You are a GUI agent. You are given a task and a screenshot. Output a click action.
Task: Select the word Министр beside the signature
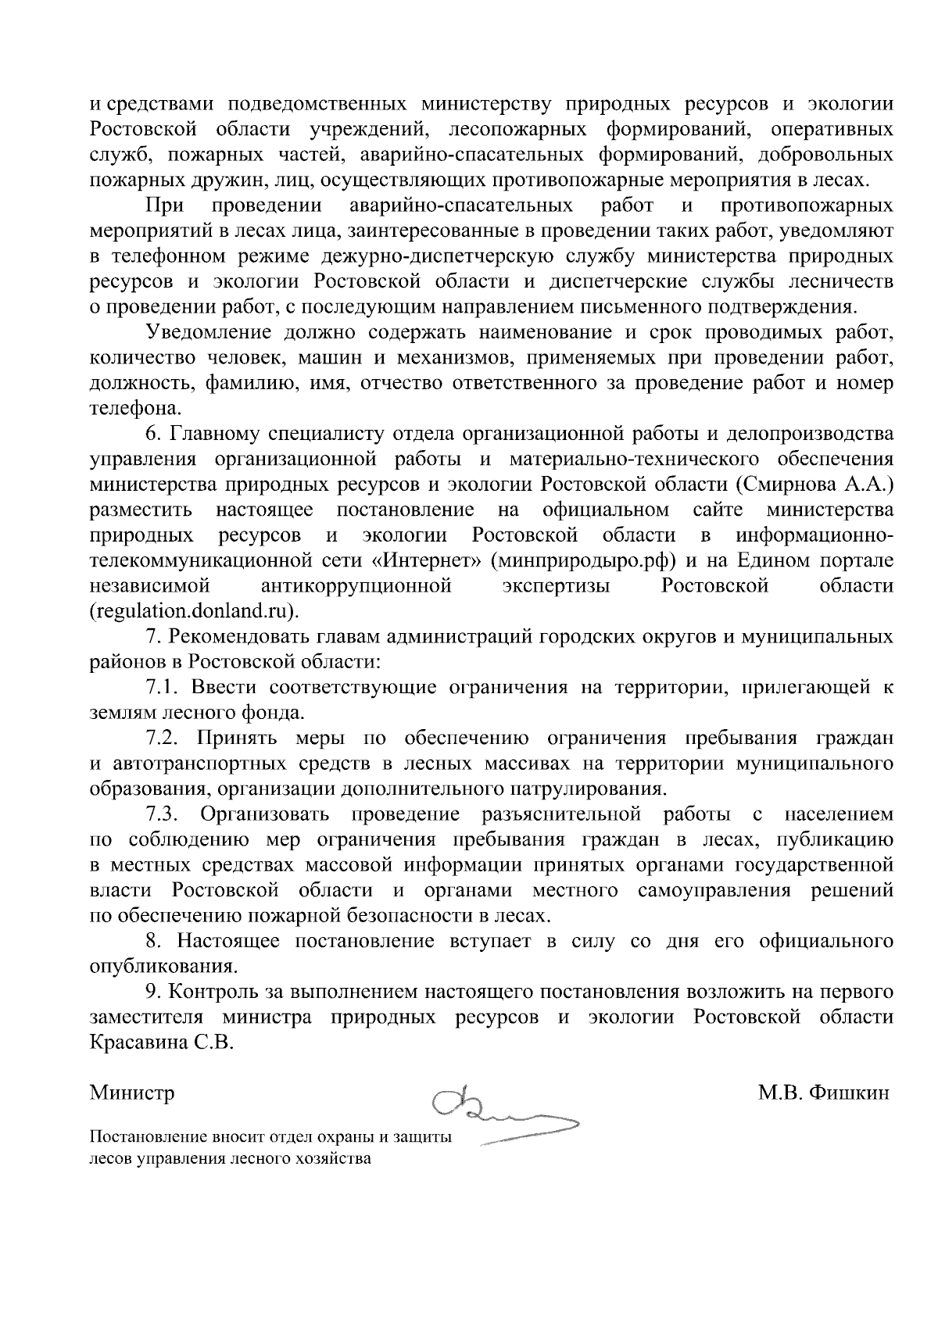click(132, 1092)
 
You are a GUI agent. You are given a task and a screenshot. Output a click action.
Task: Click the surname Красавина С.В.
click(162, 1043)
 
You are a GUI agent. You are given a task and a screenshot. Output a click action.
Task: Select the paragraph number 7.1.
click(163, 687)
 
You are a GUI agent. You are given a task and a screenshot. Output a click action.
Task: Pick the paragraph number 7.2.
click(163, 738)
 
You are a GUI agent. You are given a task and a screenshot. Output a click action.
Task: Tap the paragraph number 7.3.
click(163, 814)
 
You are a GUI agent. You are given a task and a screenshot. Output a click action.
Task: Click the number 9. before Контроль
click(153, 992)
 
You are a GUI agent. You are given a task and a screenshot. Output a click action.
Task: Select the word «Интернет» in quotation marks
click(422, 560)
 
